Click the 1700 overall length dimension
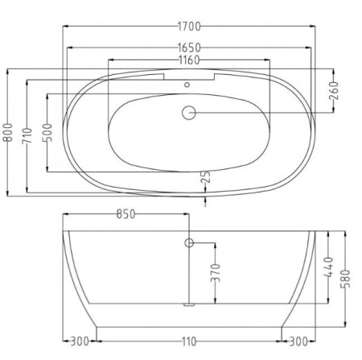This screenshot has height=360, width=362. click(189, 27)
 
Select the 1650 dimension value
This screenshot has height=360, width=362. click(189, 48)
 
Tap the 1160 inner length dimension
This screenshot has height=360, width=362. click(189, 60)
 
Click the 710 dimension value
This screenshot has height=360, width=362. click(27, 136)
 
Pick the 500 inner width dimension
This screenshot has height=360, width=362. click(47, 133)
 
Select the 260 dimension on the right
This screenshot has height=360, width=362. click(334, 90)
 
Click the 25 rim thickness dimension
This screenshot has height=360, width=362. click(206, 177)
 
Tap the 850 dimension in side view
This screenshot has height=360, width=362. click(126, 214)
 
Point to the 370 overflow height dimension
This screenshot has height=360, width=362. click(215, 273)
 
